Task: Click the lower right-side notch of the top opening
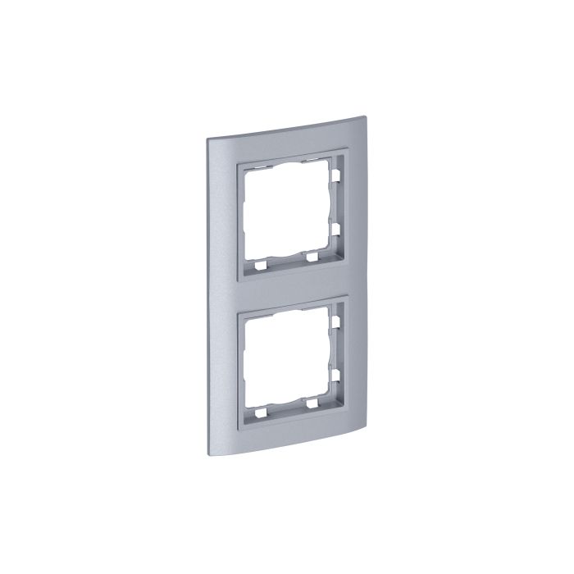point(337,225)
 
